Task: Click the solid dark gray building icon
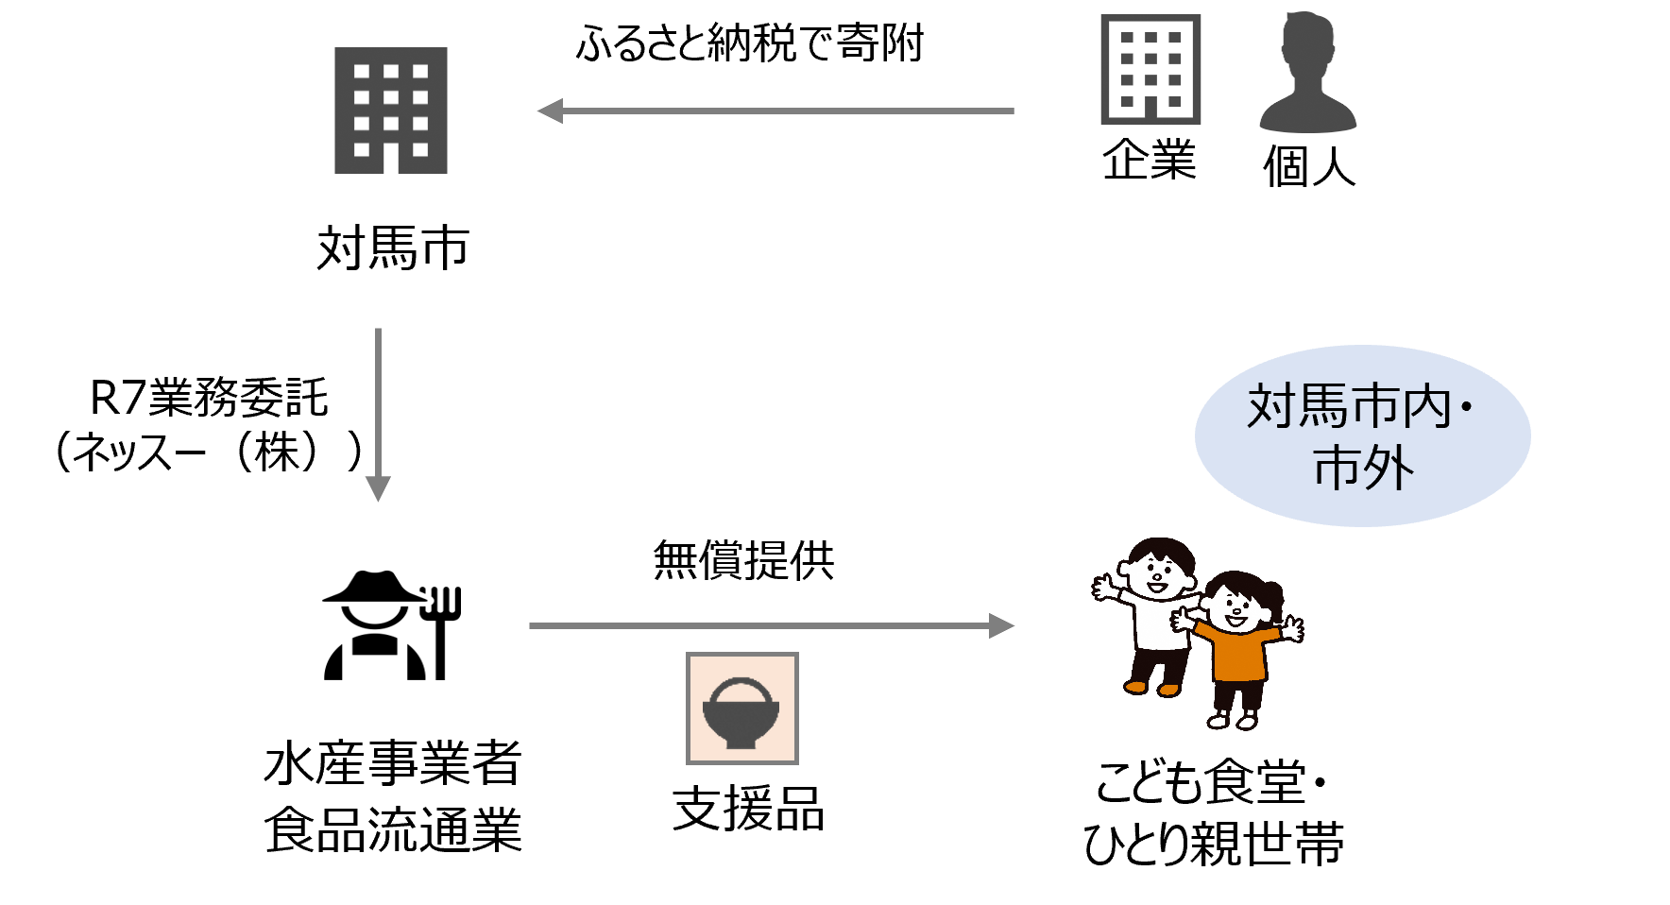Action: (x=390, y=110)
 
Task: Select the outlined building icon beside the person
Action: (x=1150, y=69)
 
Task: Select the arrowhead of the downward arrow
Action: (x=378, y=488)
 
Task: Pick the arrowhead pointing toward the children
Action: (x=1001, y=625)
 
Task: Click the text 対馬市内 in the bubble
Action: (x=1349, y=407)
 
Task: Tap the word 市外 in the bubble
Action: (x=1363, y=468)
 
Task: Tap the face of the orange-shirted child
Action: (x=1236, y=610)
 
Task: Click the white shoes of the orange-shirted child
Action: (x=1232, y=723)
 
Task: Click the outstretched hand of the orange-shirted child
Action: (x=1291, y=628)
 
